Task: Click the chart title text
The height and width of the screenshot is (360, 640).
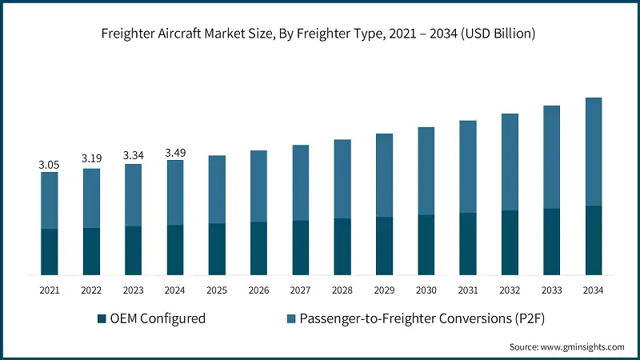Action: [x=320, y=34]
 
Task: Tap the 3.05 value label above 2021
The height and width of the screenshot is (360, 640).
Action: [x=49, y=164]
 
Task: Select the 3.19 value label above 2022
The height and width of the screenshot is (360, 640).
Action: [x=91, y=159]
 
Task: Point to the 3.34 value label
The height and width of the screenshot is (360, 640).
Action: [x=133, y=155]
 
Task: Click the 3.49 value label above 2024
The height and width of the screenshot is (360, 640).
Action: [x=174, y=152]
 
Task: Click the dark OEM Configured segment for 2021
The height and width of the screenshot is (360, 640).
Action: [x=49, y=252]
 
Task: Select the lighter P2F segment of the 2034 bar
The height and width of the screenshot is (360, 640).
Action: [x=594, y=152]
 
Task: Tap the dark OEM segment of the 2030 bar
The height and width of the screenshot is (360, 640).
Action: [x=426, y=245]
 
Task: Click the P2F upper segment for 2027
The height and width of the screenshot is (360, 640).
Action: [x=301, y=182]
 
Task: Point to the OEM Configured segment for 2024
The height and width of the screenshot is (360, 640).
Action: [x=174, y=250]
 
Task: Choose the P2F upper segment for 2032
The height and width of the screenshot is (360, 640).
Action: [x=510, y=162]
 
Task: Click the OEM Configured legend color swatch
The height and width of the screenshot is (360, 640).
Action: [x=102, y=319]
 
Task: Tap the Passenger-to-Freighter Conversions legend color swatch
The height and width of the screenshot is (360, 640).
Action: [x=293, y=319]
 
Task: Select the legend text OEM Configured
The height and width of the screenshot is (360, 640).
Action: [x=158, y=318]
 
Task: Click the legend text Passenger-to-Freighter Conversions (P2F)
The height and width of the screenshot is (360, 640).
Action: [x=421, y=318]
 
